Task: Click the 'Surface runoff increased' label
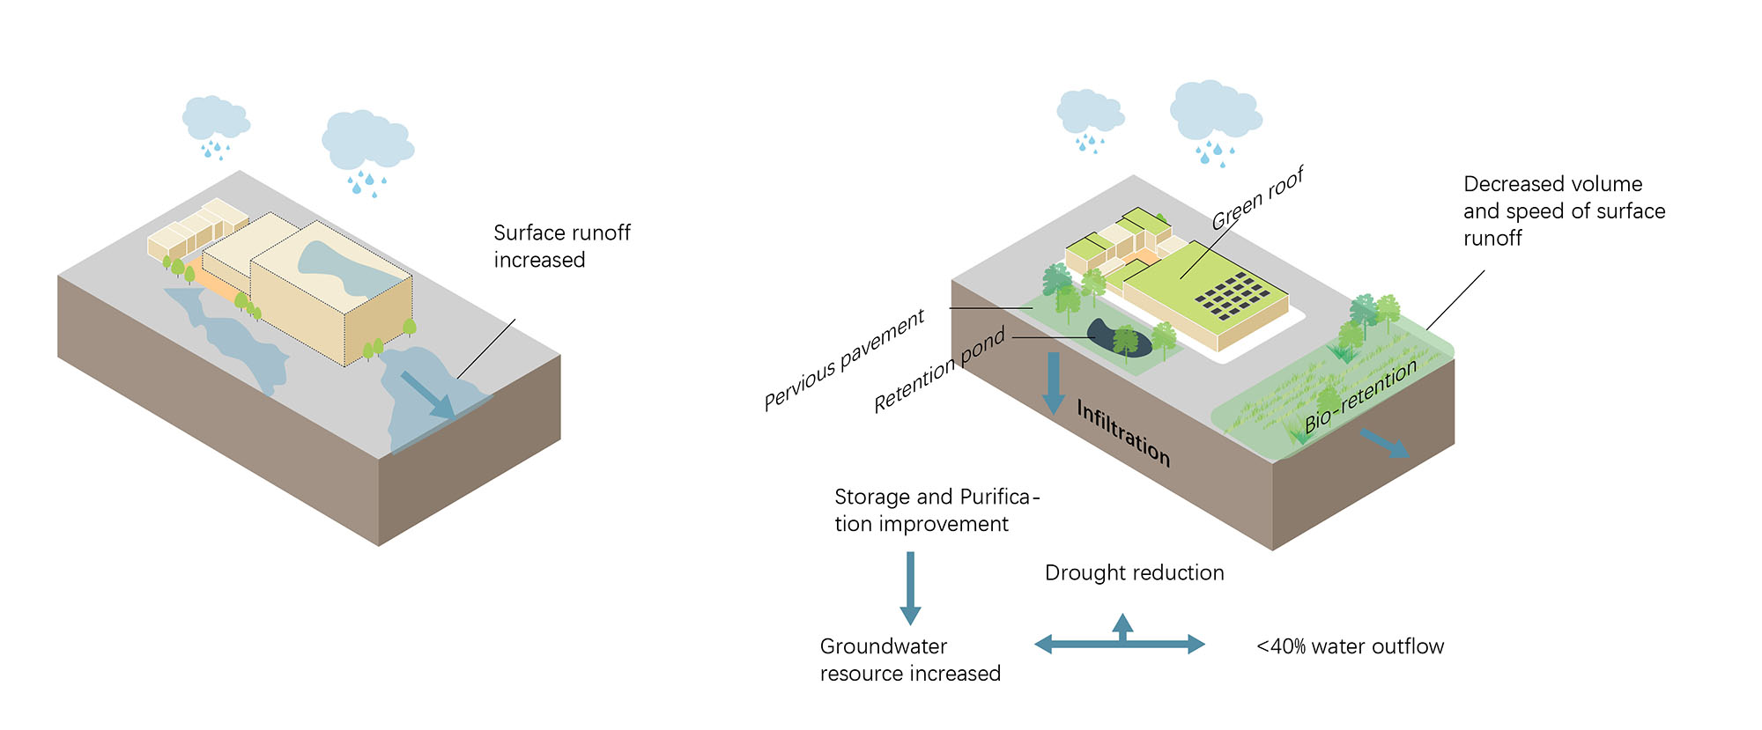[x=561, y=246]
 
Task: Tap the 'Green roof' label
[x=1257, y=199]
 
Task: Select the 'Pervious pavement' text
[x=844, y=358]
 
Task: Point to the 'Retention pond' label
[x=939, y=371]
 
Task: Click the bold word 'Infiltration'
[x=1123, y=431]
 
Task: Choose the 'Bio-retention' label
[x=1360, y=395]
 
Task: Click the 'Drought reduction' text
[x=1134, y=572]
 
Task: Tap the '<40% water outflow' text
[x=1350, y=646]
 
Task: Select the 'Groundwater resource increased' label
[x=909, y=660]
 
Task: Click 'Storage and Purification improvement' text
[x=936, y=510]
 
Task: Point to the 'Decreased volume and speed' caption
[x=1564, y=210]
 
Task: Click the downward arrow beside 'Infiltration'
[x=1053, y=383]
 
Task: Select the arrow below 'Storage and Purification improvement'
[x=910, y=588]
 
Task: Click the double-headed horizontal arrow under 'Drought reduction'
[x=1120, y=644]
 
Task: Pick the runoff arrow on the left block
[x=428, y=394]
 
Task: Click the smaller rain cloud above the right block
[x=1089, y=112]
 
